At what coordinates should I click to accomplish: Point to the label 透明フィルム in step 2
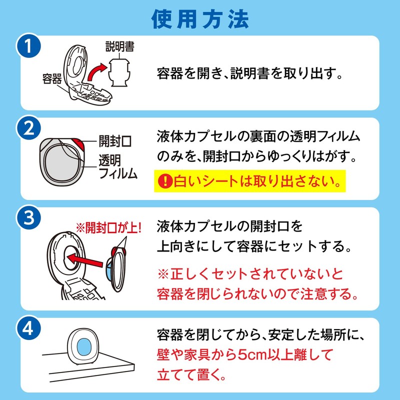pyautogui.click(x=117, y=166)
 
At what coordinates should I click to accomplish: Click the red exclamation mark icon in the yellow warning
pyautogui.click(x=165, y=181)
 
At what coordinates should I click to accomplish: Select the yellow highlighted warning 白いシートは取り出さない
pyautogui.click(x=250, y=181)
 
